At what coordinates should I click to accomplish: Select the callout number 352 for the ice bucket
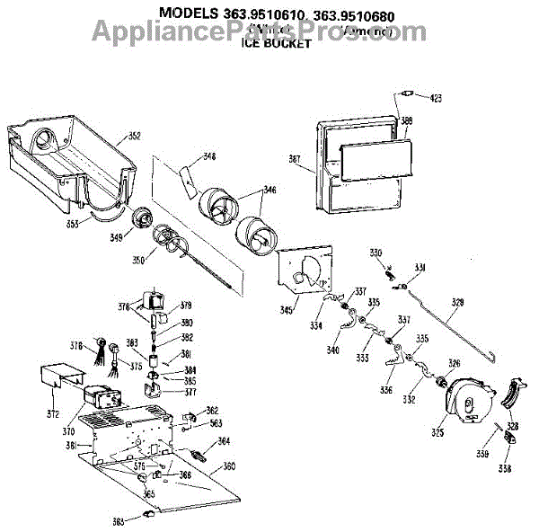pos(134,137)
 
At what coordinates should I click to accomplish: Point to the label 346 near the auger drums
pos(269,191)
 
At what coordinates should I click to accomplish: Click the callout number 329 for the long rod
pos(457,302)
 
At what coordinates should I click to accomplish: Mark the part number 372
pos(53,413)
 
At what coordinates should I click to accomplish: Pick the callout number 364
pos(225,440)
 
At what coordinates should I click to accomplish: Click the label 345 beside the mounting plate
pos(285,310)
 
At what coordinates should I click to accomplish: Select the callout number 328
pos(512,426)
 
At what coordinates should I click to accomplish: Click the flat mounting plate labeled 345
pos(305,270)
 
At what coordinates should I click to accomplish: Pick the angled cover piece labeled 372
pos(65,378)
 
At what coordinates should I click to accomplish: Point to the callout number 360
pos(229,466)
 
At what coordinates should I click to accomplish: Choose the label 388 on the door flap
pos(407,120)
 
